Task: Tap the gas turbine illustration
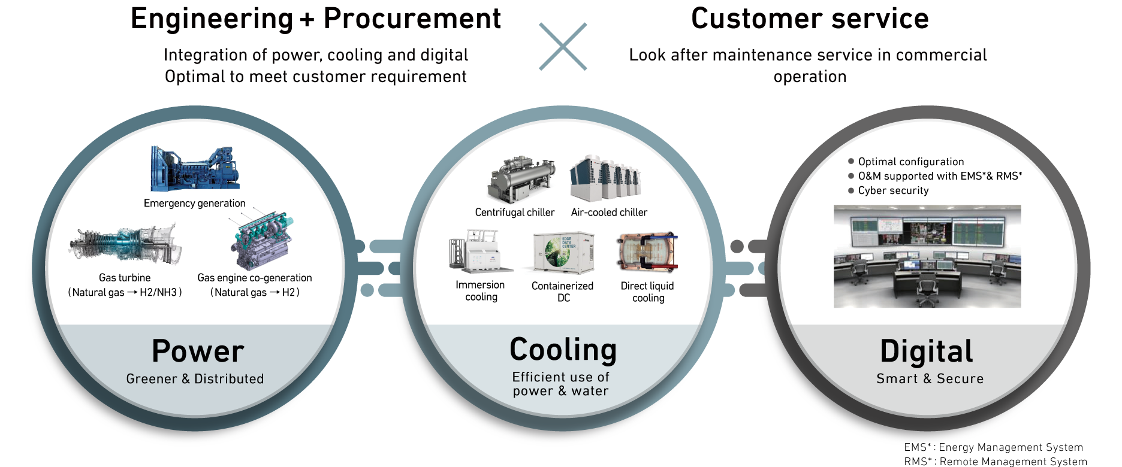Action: pyautogui.click(x=125, y=245)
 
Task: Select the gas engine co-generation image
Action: pyautogui.click(x=262, y=239)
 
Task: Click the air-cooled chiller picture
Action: pyautogui.click(x=605, y=178)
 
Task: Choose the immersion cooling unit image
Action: pyautogui.click(x=479, y=251)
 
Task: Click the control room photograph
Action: pyautogui.click(x=927, y=256)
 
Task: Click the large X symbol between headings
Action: pyautogui.click(x=563, y=47)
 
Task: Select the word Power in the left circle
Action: pyautogui.click(x=198, y=351)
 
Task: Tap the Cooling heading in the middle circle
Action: pyautogui.click(x=563, y=350)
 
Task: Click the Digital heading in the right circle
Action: pyautogui.click(x=927, y=351)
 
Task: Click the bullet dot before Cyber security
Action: pyautogui.click(x=851, y=190)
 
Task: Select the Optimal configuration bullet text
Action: pyautogui.click(x=911, y=162)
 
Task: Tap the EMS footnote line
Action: pyautogui.click(x=994, y=447)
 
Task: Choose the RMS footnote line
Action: pyautogui.click(x=996, y=462)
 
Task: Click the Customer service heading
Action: pyautogui.click(x=810, y=18)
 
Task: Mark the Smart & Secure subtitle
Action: pyautogui.click(x=930, y=378)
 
